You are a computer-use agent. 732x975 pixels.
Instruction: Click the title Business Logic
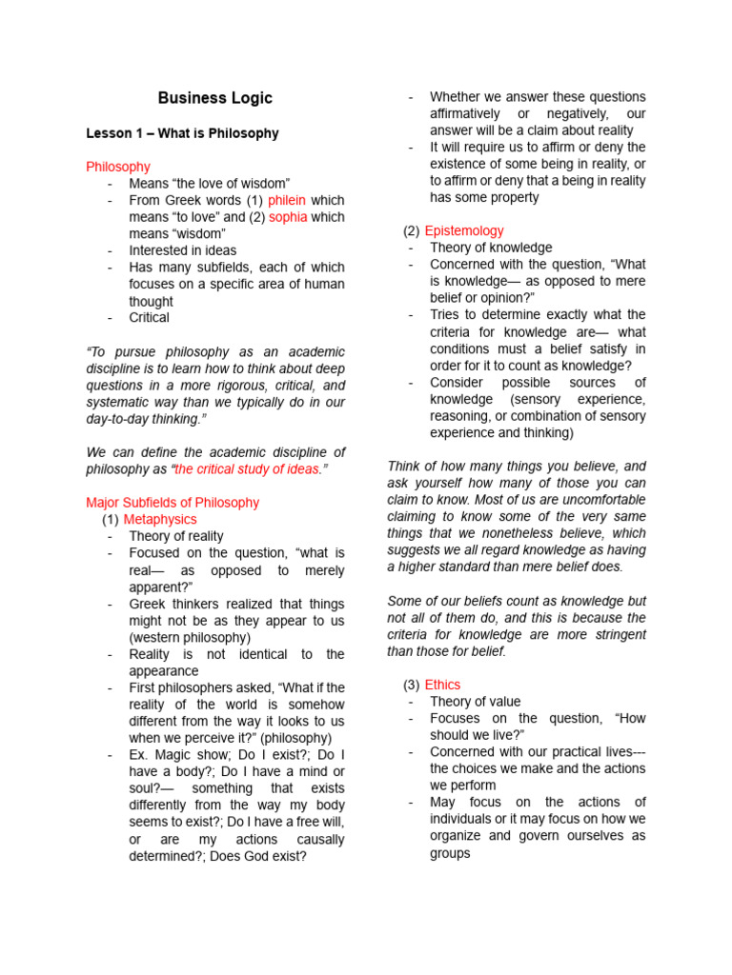[x=214, y=98]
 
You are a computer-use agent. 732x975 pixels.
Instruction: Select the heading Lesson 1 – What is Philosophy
[x=182, y=133]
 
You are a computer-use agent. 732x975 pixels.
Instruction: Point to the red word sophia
[x=288, y=217]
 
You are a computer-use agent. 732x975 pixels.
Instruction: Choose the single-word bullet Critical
[x=149, y=317]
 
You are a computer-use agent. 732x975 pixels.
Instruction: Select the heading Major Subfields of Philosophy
[x=173, y=502]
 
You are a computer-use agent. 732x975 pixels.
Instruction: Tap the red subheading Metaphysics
[x=160, y=519]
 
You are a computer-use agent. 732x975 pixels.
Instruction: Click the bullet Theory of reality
[x=176, y=536]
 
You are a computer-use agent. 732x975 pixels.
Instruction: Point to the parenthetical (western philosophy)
[x=191, y=637]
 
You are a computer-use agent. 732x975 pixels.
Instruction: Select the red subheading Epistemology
[x=464, y=230]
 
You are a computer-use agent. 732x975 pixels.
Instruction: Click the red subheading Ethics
[x=442, y=685]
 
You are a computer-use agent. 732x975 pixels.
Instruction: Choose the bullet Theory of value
[x=475, y=702]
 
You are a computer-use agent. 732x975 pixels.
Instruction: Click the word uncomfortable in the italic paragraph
[x=601, y=499]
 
